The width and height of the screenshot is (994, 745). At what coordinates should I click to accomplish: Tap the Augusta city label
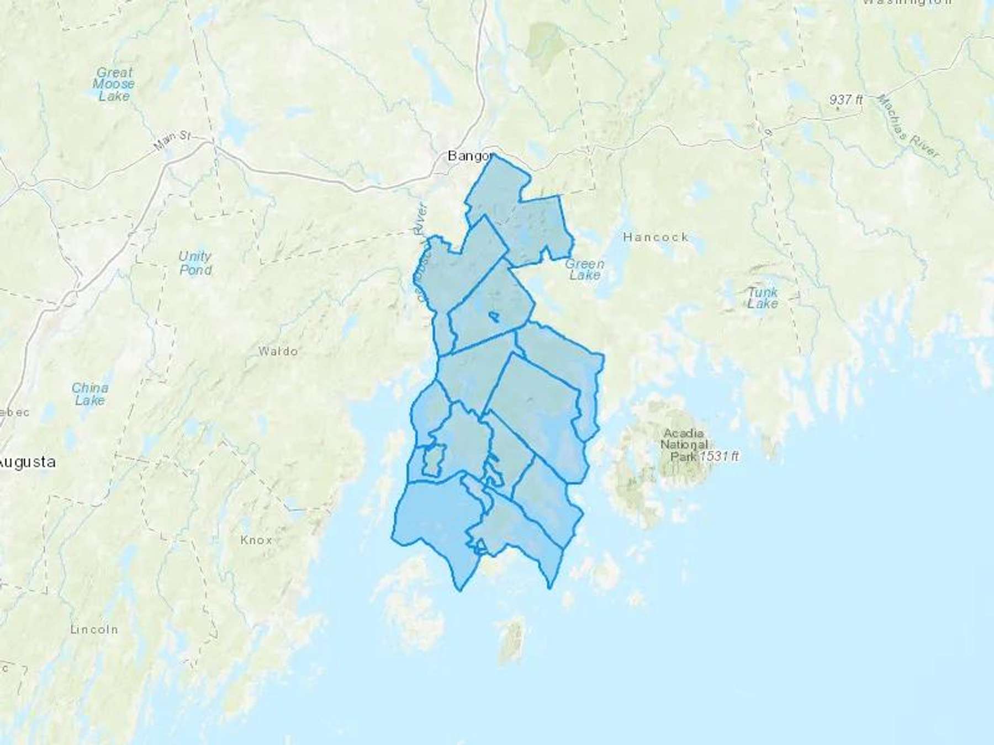(x=28, y=462)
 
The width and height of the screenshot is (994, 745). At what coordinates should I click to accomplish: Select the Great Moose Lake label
(x=114, y=84)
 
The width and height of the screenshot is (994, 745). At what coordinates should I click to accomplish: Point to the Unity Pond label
(x=195, y=263)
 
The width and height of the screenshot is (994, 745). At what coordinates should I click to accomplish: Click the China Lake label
(x=89, y=394)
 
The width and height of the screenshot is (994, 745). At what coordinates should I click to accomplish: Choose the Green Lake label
(x=584, y=269)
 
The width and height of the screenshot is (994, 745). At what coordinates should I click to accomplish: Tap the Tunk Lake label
(x=763, y=297)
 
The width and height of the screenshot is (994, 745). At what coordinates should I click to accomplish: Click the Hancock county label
(x=655, y=237)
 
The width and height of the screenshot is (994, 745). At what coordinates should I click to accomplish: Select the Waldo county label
(x=278, y=351)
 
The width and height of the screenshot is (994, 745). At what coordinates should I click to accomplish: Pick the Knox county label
(x=256, y=540)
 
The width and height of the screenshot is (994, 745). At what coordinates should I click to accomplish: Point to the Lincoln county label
(x=94, y=629)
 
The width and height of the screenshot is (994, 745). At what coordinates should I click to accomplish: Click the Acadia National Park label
(x=684, y=445)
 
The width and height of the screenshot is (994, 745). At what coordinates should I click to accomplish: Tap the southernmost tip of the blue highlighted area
(x=459, y=590)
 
